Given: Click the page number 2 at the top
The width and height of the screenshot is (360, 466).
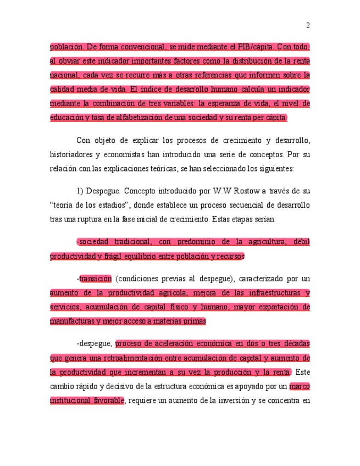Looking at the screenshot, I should pos(308,25).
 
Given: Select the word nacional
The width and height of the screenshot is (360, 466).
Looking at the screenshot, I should pos(65,75).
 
